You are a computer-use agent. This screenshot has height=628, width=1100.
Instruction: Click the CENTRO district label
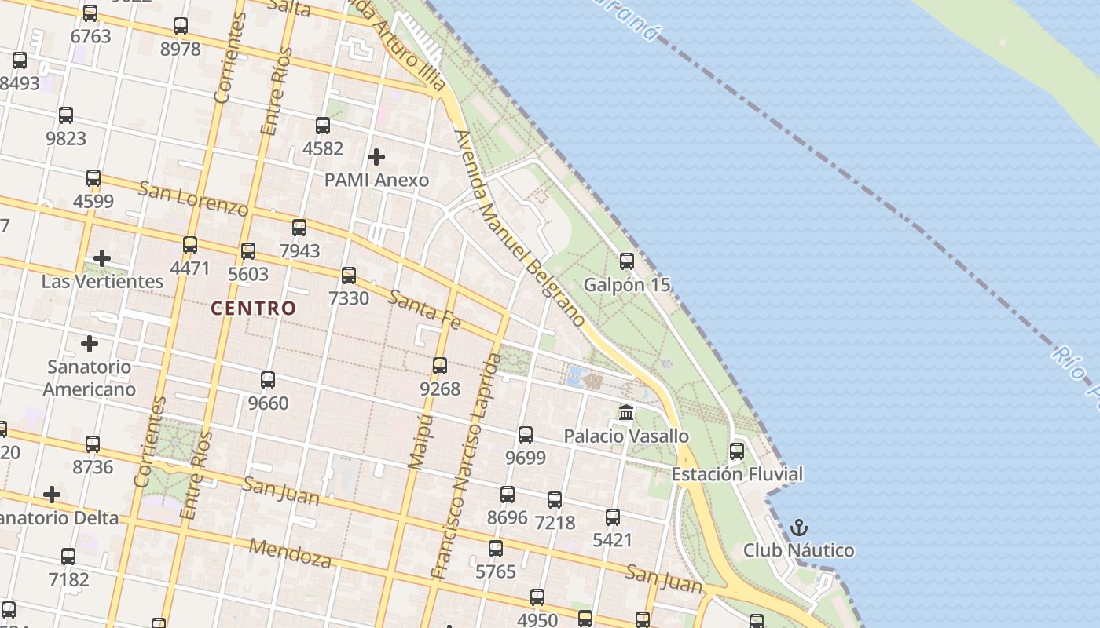tap(253, 309)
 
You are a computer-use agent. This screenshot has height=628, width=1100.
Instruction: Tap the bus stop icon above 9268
tap(440, 366)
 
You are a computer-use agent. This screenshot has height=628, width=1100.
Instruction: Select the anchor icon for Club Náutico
tap(799, 528)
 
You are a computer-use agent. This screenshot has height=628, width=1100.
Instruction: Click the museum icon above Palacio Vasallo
tap(626, 412)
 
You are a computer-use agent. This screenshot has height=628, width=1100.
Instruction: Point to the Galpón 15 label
tap(627, 284)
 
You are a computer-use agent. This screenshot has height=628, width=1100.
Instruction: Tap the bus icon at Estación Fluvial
tap(737, 451)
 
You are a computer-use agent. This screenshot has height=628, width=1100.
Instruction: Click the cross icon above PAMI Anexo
tap(376, 157)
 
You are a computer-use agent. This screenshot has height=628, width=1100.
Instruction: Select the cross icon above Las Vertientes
tap(102, 258)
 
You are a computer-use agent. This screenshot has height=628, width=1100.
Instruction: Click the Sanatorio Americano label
tap(89, 378)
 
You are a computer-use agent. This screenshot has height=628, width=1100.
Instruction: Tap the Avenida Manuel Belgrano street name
tap(520, 228)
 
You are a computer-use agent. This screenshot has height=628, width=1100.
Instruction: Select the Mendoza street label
tap(290, 553)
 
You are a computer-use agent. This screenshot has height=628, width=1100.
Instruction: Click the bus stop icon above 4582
tap(323, 126)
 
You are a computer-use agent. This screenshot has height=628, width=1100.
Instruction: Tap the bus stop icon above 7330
tap(349, 276)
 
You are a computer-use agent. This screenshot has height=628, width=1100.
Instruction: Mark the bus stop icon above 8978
tap(181, 26)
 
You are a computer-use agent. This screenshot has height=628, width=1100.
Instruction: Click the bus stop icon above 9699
tap(526, 435)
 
